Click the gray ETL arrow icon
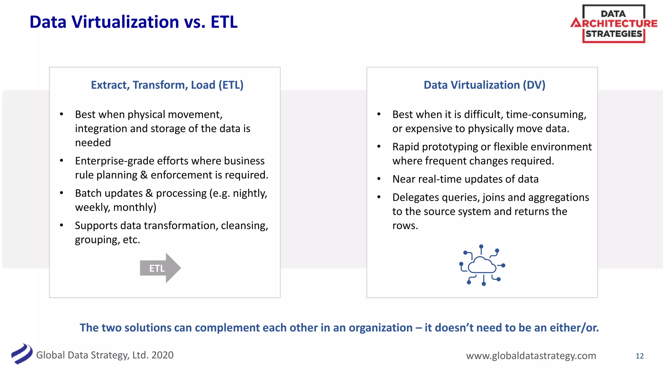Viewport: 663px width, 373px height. click(x=160, y=268)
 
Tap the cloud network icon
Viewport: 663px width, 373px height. click(x=482, y=265)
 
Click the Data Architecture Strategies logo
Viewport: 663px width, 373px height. click(x=614, y=24)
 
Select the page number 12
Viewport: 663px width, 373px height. click(x=639, y=356)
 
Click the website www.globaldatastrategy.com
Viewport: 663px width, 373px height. click(x=531, y=356)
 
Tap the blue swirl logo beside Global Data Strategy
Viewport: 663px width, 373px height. click(x=22, y=354)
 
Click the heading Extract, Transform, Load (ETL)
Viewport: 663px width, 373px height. click(x=167, y=85)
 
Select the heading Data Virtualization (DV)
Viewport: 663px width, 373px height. click(x=484, y=85)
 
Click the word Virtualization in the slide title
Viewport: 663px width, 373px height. click(x=125, y=22)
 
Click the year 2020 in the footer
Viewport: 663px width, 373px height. click(x=162, y=355)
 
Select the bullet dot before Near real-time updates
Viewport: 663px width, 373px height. click(x=379, y=179)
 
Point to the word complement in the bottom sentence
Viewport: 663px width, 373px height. click(x=227, y=328)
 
